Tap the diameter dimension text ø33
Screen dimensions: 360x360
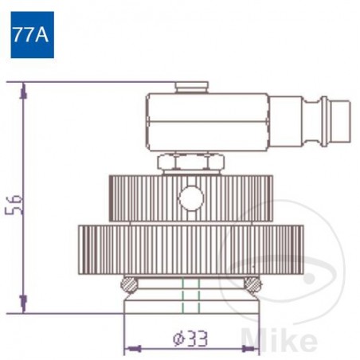tap(189, 338)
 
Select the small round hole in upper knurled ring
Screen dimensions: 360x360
tap(190, 195)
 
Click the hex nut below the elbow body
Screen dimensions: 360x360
tap(190, 163)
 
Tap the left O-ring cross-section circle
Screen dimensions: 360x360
tap(127, 284)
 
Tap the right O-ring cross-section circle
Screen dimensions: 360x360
tap(251, 284)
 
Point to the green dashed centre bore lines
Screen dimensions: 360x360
tap(190, 296)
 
